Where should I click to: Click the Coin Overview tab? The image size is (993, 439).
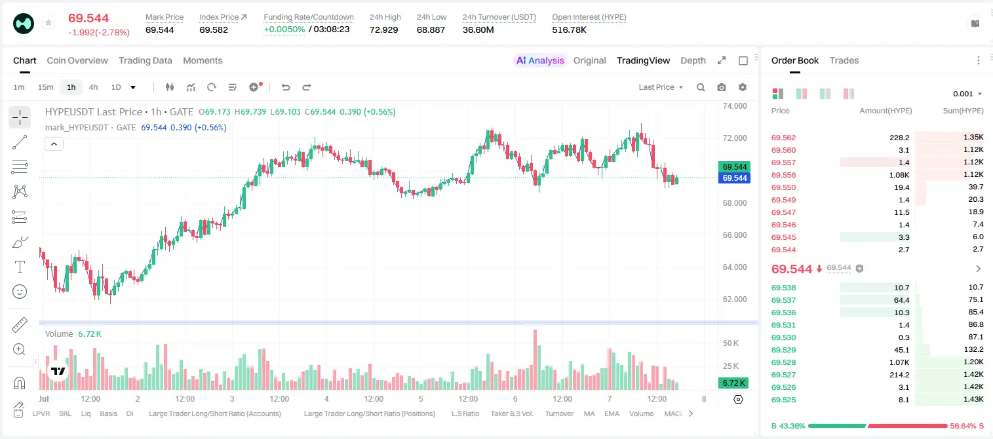(77, 60)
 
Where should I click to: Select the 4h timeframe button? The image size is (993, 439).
(93, 87)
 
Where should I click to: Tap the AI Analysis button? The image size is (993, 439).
(540, 60)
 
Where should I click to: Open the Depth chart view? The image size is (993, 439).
(693, 60)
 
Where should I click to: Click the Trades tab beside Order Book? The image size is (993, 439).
(844, 60)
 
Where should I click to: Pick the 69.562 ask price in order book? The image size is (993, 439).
(783, 138)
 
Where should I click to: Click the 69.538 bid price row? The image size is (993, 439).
(783, 288)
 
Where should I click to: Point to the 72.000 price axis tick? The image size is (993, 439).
(735, 138)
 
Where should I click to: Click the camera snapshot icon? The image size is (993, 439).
(721, 87)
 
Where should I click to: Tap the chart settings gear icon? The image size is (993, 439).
(743, 87)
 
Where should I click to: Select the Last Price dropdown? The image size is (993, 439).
(661, 87)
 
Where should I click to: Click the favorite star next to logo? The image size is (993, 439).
(49, 22)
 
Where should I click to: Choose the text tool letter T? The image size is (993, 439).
(20, 267)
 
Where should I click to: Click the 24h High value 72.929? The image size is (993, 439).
(383, 29)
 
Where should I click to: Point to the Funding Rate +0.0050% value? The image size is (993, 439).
(284, 29)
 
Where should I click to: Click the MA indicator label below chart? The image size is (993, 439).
(589, 413)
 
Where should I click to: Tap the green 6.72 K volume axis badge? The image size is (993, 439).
(733, 383)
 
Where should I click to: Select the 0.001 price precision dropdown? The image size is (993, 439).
(967, 94)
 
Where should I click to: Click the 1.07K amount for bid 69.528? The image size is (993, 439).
(899, 362)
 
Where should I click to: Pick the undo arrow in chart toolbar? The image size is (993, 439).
(286, 87)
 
